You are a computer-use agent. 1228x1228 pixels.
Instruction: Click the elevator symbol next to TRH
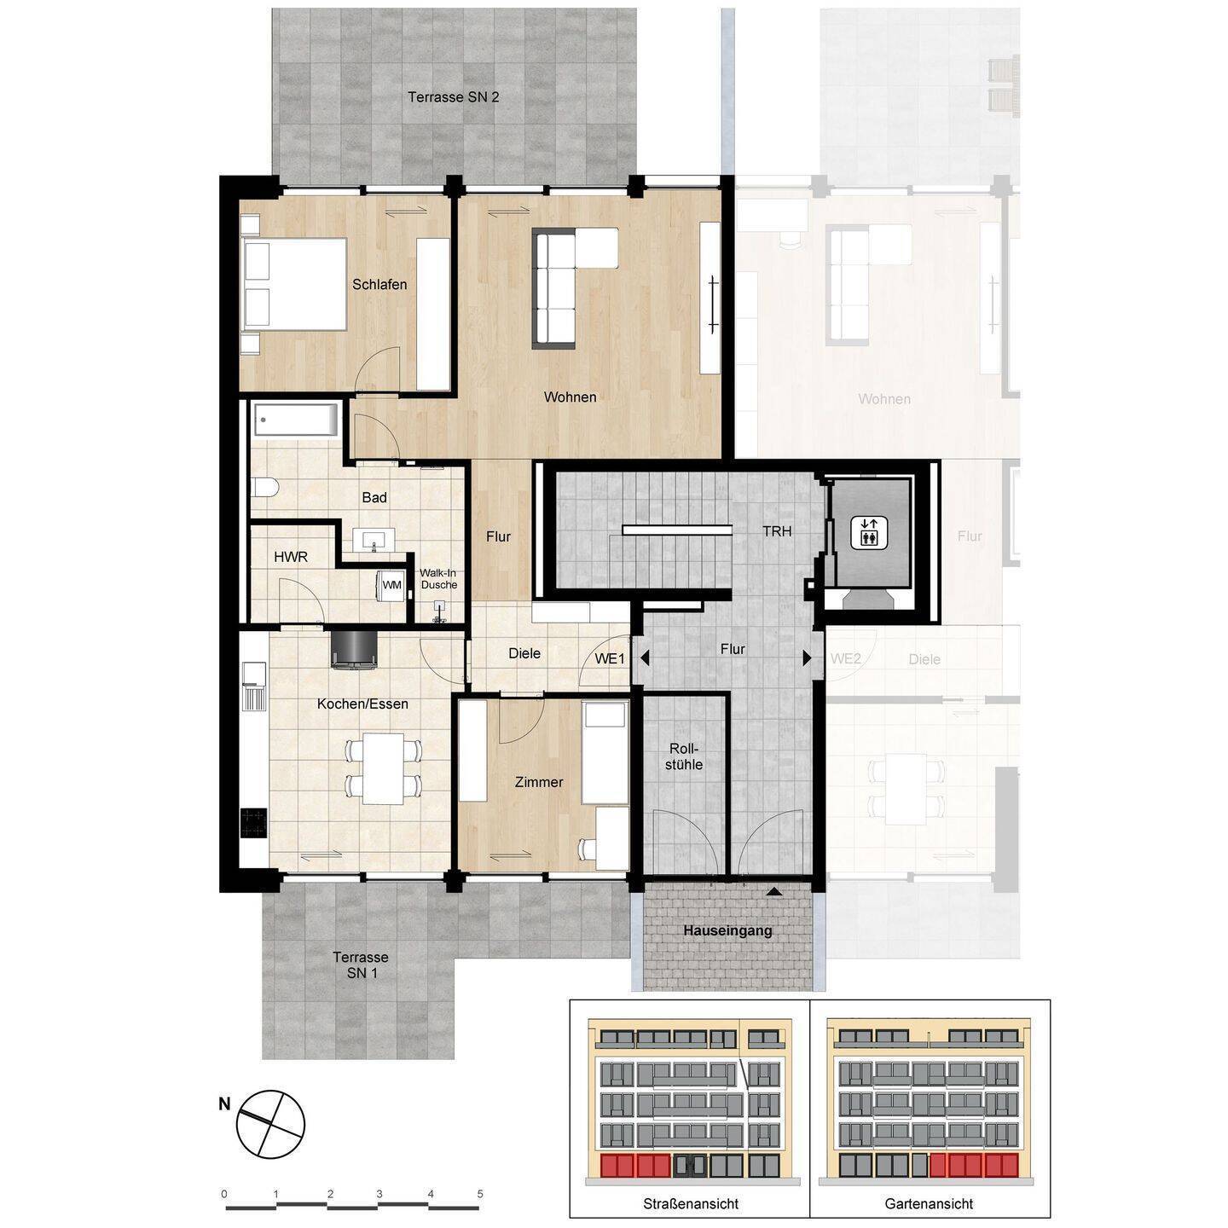pyautogui.click(x=870, y=532)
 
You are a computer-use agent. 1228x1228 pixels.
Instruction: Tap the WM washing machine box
pyautogui.click(x=391, y=584)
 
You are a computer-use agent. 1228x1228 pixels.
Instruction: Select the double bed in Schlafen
pyautogui.click(x=295, y=284)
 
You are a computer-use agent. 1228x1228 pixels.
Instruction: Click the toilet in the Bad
pyautogui.click(x=265, y=488)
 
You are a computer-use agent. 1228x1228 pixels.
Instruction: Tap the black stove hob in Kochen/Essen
pyautogui.click(x=253, y=824)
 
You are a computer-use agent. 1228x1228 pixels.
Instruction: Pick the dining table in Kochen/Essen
pyautogui.click(x=383, y=767)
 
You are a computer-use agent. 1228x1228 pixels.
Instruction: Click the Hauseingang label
pyautogui.click(x=727, y=930)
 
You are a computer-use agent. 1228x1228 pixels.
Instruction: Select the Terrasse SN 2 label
pyautogui.click(x=453, y=97)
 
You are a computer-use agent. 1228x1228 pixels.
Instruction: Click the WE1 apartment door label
pyautogui.click(x=610, y=658)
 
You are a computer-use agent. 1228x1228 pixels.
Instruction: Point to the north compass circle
pyautogui.click(x=270, y=1124)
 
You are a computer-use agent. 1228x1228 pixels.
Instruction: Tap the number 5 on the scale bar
pyautogui.click(x=480, y=1194)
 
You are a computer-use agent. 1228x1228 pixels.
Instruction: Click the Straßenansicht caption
pyautogui.click(x=690, y=1204)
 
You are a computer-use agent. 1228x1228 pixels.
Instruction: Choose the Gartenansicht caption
pyautogui.click(x=929, y=1204)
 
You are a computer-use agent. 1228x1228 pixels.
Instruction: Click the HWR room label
pyautogui.click(x=290, y=557)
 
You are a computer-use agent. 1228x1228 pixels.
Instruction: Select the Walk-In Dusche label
pyautogui.click(x=438, y=579)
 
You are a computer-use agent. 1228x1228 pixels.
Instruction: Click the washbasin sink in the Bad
pyautogui.click(x=374, y=540)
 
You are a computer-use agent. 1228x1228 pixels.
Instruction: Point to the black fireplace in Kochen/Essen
pyautogui.click(x=353, y=648)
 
